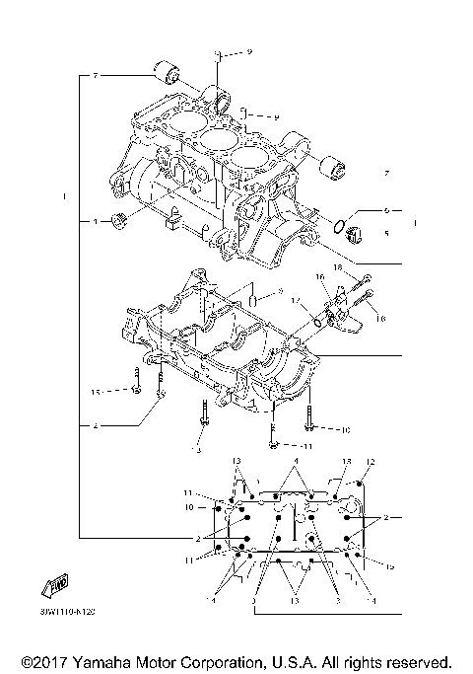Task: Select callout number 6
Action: point(387,210)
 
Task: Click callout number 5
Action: point(387,234)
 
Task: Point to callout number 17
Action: point(294,300)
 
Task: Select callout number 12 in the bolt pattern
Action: point(372,462)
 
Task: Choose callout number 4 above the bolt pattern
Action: point(294,462)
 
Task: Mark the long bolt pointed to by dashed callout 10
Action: point(310,419)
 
